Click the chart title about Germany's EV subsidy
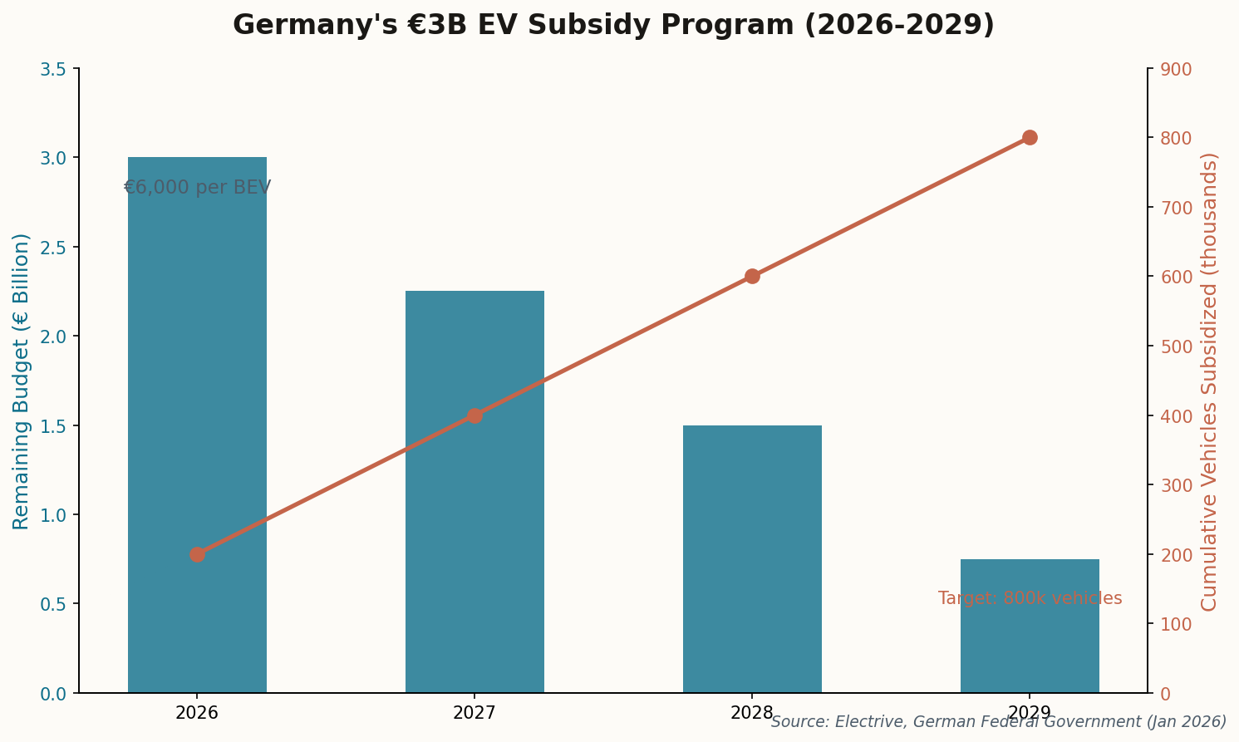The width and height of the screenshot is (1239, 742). [x=613, y=25]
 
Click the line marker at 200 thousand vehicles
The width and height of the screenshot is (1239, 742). [x=197, y=554]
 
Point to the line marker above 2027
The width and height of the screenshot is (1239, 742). [x=474, y=415]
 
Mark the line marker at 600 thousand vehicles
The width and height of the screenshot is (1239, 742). [x=752, y=276]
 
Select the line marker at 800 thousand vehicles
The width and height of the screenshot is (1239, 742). [x=1030, y=137]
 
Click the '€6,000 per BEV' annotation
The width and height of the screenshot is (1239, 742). [x=197, y=188]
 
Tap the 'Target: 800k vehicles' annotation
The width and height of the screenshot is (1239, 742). [x=1030, y=598]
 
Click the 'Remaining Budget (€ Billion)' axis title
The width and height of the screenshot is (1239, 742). [x=22, y=381]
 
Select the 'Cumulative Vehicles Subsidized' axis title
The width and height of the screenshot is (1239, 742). [x=1209, y=381]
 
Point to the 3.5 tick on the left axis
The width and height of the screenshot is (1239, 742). [x=53, y=69]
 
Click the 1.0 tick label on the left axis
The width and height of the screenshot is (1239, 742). [x=53, y=515]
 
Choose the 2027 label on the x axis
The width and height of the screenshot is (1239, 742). [x=474, y=713]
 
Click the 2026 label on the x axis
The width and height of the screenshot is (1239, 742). [x=197, y=713]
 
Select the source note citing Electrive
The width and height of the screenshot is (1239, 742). [x=998, y=722]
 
